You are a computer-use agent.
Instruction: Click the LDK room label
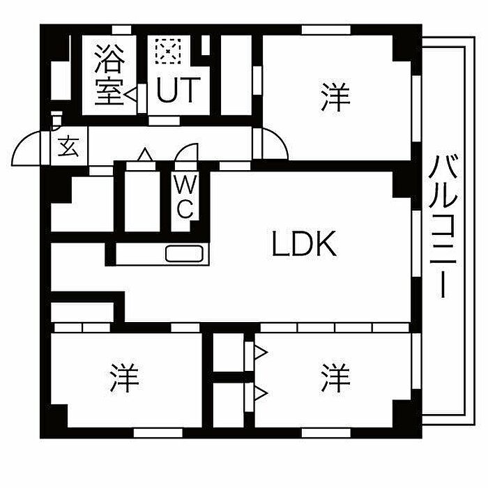click(x=304, y=244)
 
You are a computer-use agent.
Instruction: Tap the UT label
click(x=178, y=90)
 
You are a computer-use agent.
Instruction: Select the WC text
click(x=185, y=197)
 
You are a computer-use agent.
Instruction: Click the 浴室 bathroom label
click(x=109, y=75)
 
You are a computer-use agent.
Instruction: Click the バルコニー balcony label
click(x=443, y=227)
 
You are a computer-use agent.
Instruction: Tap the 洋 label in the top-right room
click(x=336, y=96)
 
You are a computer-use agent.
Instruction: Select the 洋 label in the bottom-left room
click(x=124, y=377)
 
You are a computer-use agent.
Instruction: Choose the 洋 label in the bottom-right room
click(x=336, y=377)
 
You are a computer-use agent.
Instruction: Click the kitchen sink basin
click(x=184, y=254)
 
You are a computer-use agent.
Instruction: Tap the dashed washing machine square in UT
click(x=168, y=52)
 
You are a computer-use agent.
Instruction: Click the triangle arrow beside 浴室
click(x=131, y=94)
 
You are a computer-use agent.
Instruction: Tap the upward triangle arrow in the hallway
click(x=145, y=155)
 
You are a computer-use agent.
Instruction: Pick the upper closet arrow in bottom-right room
click(x=261, y=353)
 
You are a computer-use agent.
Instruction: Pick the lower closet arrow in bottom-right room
click(x=261, y=393)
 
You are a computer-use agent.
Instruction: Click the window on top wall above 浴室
click(x=122, y=30)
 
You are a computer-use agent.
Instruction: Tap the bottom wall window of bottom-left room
click(x=158, y=433)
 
